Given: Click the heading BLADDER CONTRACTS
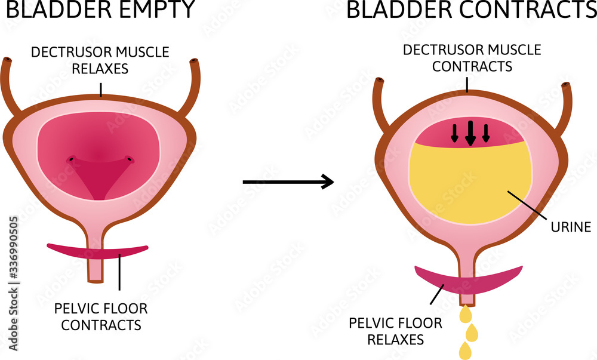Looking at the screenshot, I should (471, 10).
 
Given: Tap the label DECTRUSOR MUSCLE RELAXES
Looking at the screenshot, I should (100, 60).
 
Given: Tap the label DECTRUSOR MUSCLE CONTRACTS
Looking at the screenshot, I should (472, 57).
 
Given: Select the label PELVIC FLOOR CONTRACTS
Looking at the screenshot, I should (100, 316).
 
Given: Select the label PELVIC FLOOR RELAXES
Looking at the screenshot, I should (396, 331).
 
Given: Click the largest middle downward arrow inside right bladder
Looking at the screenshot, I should (470, 133).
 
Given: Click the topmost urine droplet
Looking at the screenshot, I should (465, 313).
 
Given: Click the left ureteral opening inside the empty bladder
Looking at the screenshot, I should (72, 159).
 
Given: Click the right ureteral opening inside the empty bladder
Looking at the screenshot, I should (128, 159).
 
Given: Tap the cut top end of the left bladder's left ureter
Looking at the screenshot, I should (8, 61).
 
